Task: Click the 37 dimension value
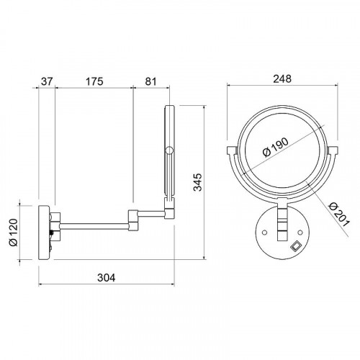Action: click(x=47, y=81)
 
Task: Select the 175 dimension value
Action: click(x=94, y=81)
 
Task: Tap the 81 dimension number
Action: click(x=150, y=81)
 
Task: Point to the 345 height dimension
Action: click(x=198, y=182)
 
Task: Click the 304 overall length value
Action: click(x=107, y=278)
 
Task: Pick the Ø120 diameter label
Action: click(x=14, y=233)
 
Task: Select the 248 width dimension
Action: click(x=282, y=78)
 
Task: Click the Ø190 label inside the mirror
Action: click(x=275, y=147)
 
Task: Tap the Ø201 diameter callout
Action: click(x=339, y=215)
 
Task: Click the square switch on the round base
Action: click(x=296, y=246)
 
